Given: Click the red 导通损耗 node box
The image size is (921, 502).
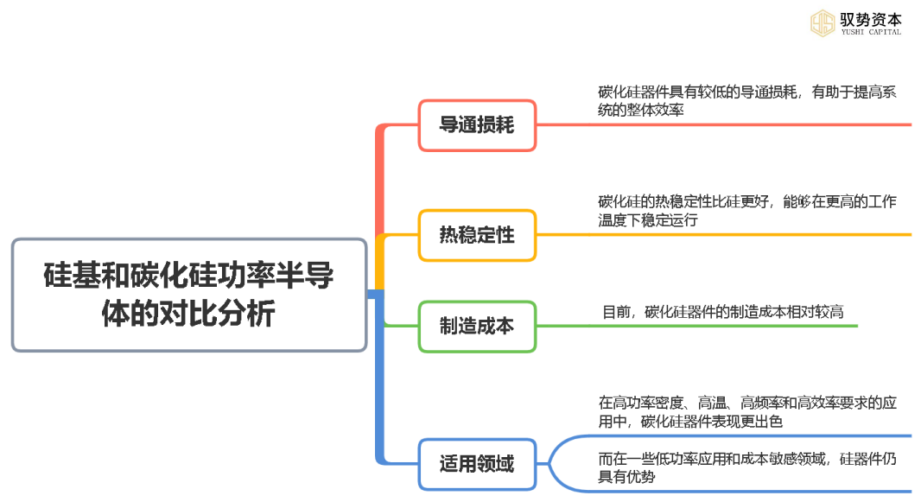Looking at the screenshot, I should coord(477,125).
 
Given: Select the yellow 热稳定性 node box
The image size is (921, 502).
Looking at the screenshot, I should coord(477,235).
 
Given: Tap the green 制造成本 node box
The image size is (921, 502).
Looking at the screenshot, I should coord(477,326).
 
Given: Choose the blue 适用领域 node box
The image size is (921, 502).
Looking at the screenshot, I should coord(477,464).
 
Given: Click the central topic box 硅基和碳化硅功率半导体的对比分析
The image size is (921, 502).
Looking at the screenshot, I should coord(189,295).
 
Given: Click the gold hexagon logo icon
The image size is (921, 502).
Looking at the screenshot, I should coord(822,22).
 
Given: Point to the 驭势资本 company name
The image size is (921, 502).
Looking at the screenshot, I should coord(870,17).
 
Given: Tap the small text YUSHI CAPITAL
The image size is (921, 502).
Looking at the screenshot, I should coord(870,33).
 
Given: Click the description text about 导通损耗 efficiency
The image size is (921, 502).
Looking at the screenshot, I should coord(747,100).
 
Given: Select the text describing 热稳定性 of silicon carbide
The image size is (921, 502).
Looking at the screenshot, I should coord(747,211).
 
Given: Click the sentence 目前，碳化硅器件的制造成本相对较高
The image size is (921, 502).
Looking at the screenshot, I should coord(722,311).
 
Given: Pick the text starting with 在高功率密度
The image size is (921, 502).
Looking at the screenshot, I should coord(747,411).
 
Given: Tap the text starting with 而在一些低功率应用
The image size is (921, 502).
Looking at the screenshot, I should coord(747,467).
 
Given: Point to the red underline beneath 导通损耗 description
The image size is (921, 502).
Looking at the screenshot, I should coord(734,124).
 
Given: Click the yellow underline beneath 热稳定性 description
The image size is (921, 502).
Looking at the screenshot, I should coord(734,234).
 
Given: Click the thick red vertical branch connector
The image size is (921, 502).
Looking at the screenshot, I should coord(380,181).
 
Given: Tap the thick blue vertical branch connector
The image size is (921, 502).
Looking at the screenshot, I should coord(380,380).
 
